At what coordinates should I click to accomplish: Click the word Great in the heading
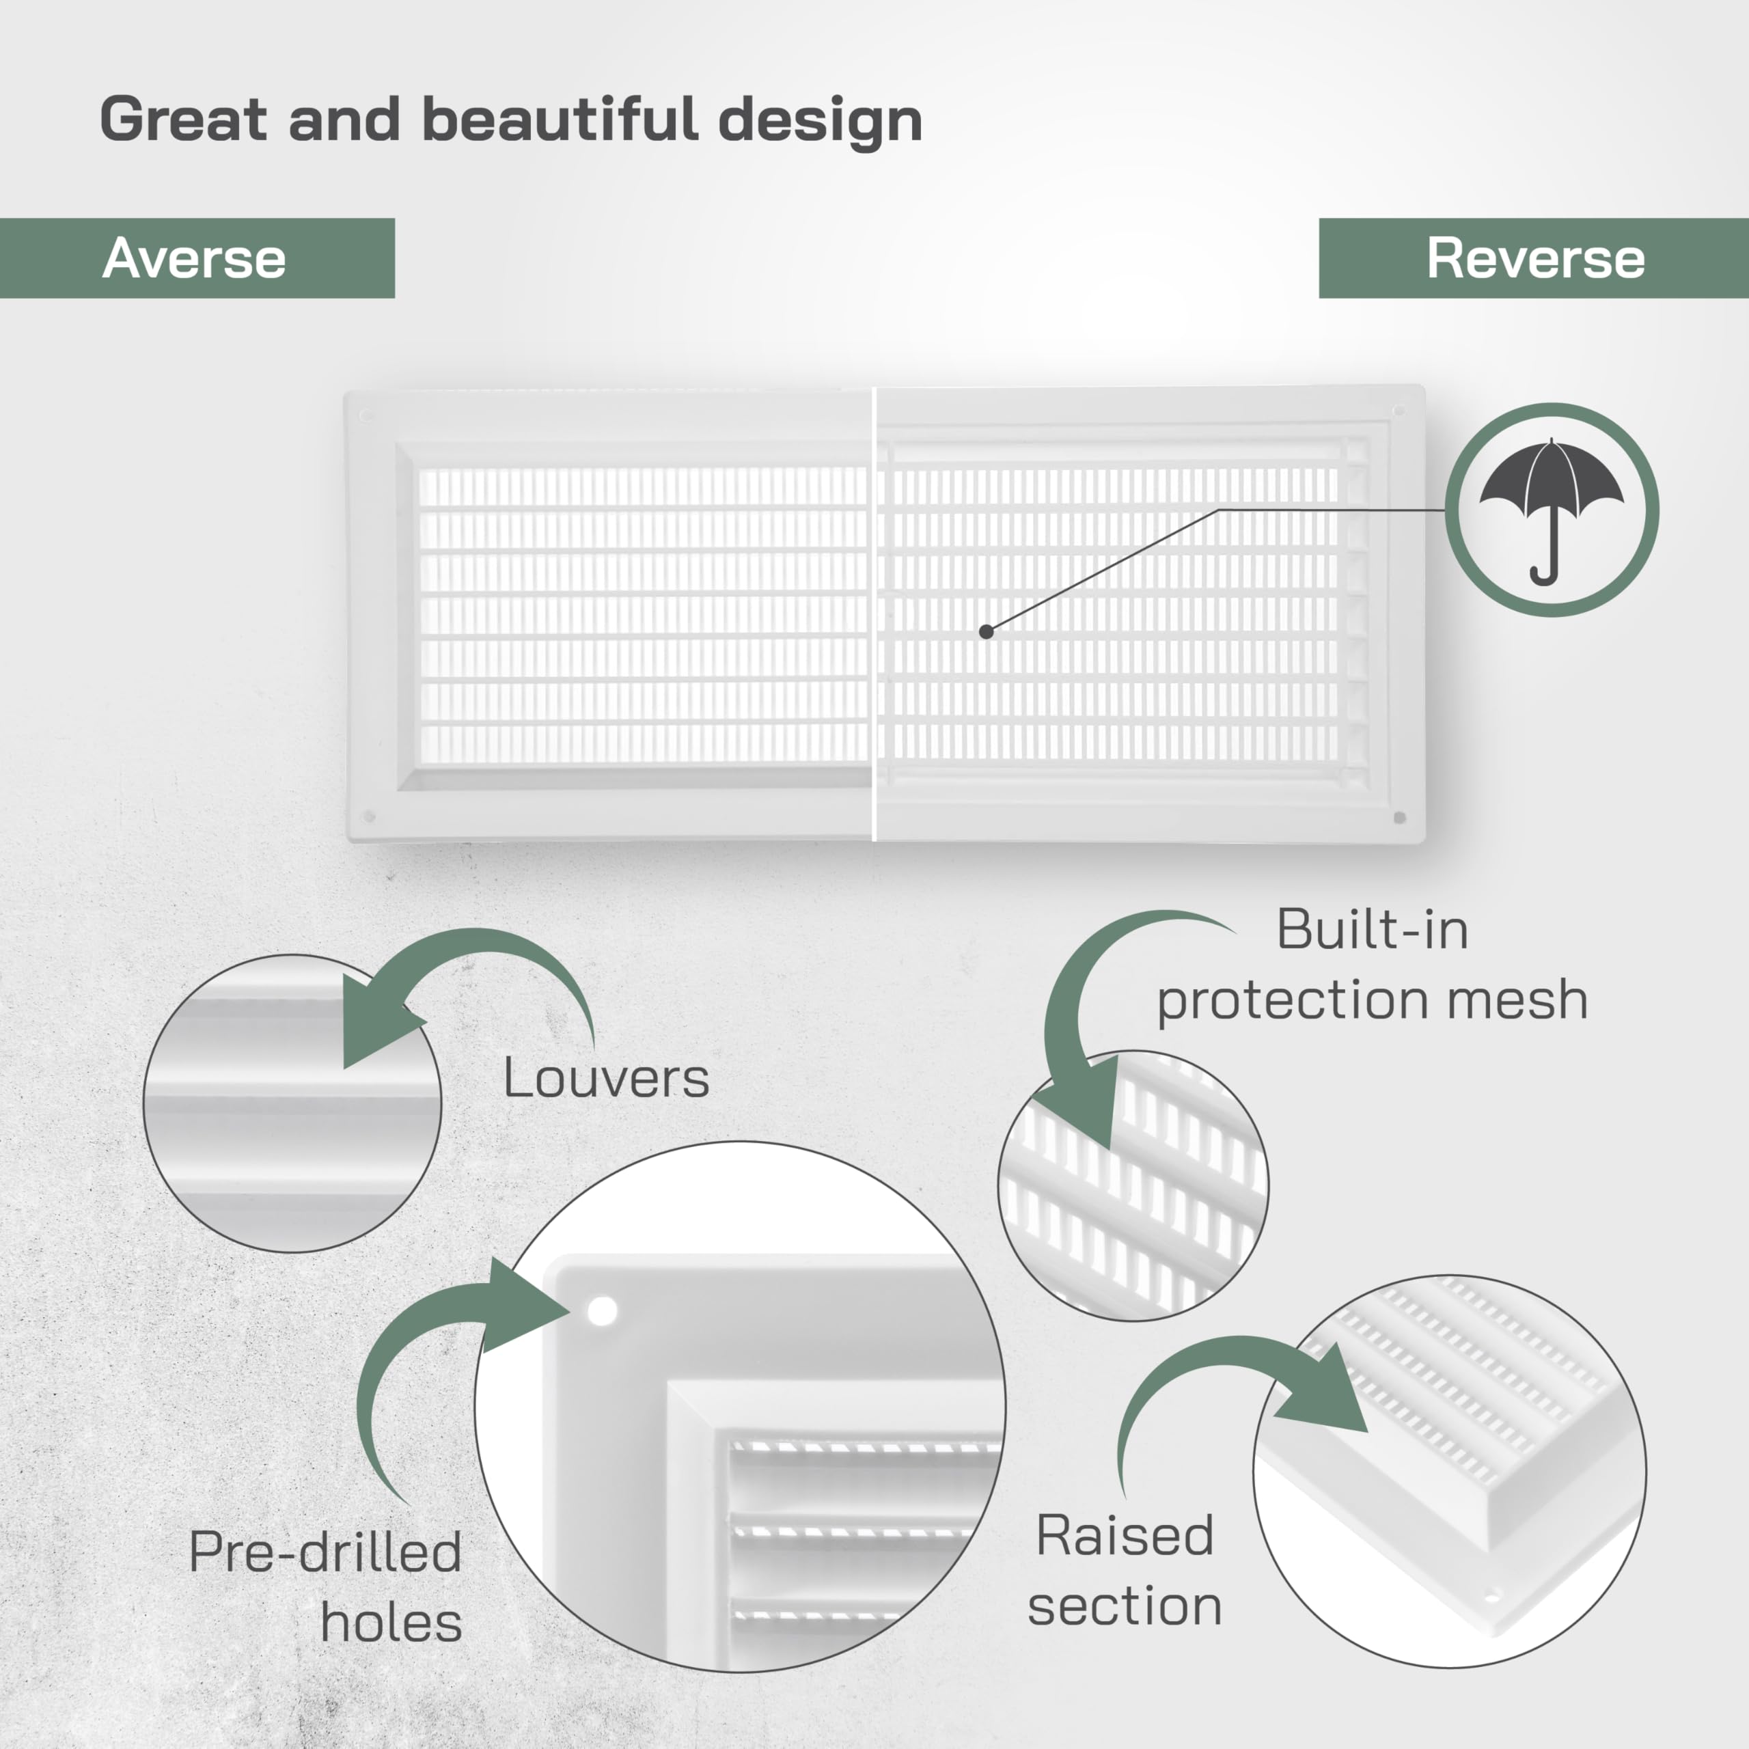(184, 119)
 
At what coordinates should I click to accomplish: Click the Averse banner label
(195, 258)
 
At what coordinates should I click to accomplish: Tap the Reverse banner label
(1535, 258)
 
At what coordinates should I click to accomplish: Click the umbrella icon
(1552, 510)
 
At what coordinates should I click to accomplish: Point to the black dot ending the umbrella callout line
(987, 632)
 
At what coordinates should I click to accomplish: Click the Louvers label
(605, 1077)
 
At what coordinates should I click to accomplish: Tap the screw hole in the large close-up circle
(602, 1311)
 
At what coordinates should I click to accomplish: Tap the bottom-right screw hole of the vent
(1400, 818)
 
